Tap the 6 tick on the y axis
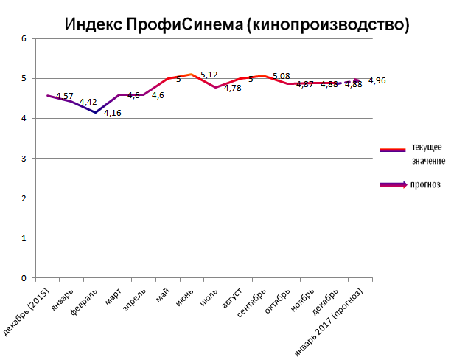24,38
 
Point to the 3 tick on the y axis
24,159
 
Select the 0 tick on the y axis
24,278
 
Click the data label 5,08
282,75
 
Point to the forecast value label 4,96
377,80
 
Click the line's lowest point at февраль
95,112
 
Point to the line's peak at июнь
192,74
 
